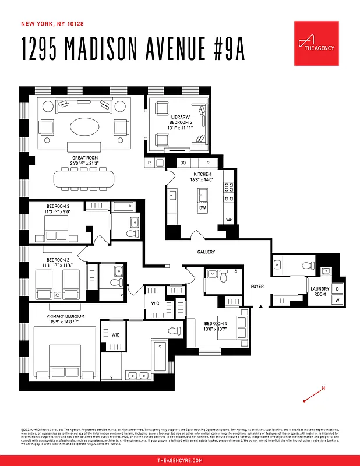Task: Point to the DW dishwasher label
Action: pyautogui.click(x=202, y=207)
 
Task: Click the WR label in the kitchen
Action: pyautogui.click(x=230, y=220)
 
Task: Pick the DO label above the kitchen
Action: pyautogui.click(x=183, y=163)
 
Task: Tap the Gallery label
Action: pyautogui.click(x=206, y=252)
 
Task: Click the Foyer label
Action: pyautogui.click(x=257, y=287)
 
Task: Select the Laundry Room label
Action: pyautogui.click(x=320, y=292)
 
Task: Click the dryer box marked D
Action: pyautogui.click(x=337, y=288)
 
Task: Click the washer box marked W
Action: pyautogui.click(x=337, y=300)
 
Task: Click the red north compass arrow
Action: pyautogui.click(x=313, y=395)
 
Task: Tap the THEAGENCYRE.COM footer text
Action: pyautogui.click(x=180, y=460)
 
